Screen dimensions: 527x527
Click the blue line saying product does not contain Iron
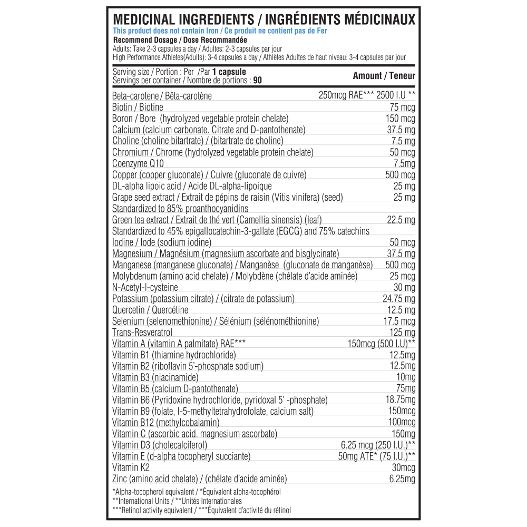[x=220, y=31]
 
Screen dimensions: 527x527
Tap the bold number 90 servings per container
[x=258, y=81]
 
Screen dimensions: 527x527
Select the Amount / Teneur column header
[x=384, y=76]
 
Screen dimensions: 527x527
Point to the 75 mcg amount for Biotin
[x=402, y=108]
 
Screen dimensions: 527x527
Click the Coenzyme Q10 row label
[x=138, y=164]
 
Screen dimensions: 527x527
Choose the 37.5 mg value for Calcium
[x=401, y=130]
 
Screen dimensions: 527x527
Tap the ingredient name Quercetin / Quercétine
[x=150, y=310]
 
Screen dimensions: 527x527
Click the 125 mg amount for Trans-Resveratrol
[x=402, y=333]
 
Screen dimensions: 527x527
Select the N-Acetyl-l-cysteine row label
[x=145, y=288]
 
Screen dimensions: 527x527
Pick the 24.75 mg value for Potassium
[x=398, y=299]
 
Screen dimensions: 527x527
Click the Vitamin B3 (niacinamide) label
[x=155, y=377]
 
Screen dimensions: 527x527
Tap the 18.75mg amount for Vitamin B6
[x=400, y=400]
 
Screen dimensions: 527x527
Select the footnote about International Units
[x=177, y=501]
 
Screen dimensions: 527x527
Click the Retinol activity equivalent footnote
[x=201, y=510]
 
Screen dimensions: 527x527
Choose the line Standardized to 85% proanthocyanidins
[x=180, y=209]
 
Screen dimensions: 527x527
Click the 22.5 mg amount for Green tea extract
[x=401, y=220]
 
